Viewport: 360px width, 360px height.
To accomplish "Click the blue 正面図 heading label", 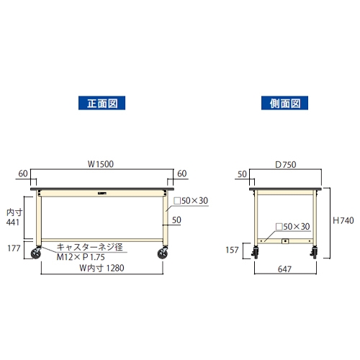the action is click(102, 103).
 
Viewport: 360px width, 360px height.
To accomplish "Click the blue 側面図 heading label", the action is click(284, 103).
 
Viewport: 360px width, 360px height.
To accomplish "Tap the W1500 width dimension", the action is click(101, 164).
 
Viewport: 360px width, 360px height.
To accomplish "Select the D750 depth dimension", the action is click(286, 165).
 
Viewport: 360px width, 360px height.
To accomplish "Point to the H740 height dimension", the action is click(343, 220).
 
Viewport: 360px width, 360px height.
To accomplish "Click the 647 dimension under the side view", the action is click(284, 269).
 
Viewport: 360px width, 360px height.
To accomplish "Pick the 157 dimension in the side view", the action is click(232, 250).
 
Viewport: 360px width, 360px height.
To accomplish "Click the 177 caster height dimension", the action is click(14, 248).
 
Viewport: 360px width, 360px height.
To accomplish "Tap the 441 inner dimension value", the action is click(13, 222).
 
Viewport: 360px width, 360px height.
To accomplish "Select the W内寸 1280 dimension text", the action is click(102, 268).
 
